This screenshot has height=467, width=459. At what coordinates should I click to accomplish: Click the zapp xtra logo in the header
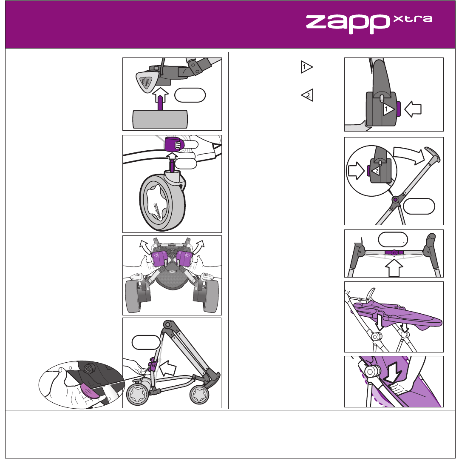(x=369, y=24)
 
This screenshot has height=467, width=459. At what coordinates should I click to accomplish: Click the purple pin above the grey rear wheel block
(x=160, y=103)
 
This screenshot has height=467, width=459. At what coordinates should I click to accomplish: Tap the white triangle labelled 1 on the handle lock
(x=388, y=110)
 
